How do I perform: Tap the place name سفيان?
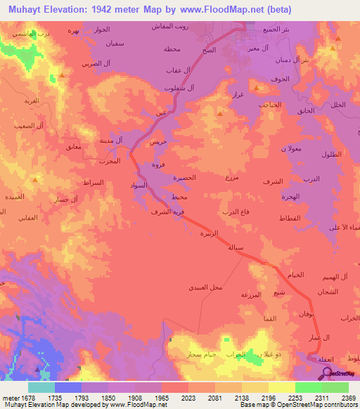tap(115, 44)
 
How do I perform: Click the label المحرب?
tap(110, 161)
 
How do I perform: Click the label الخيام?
tap(296, 274)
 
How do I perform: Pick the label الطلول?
tap(330, 154)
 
